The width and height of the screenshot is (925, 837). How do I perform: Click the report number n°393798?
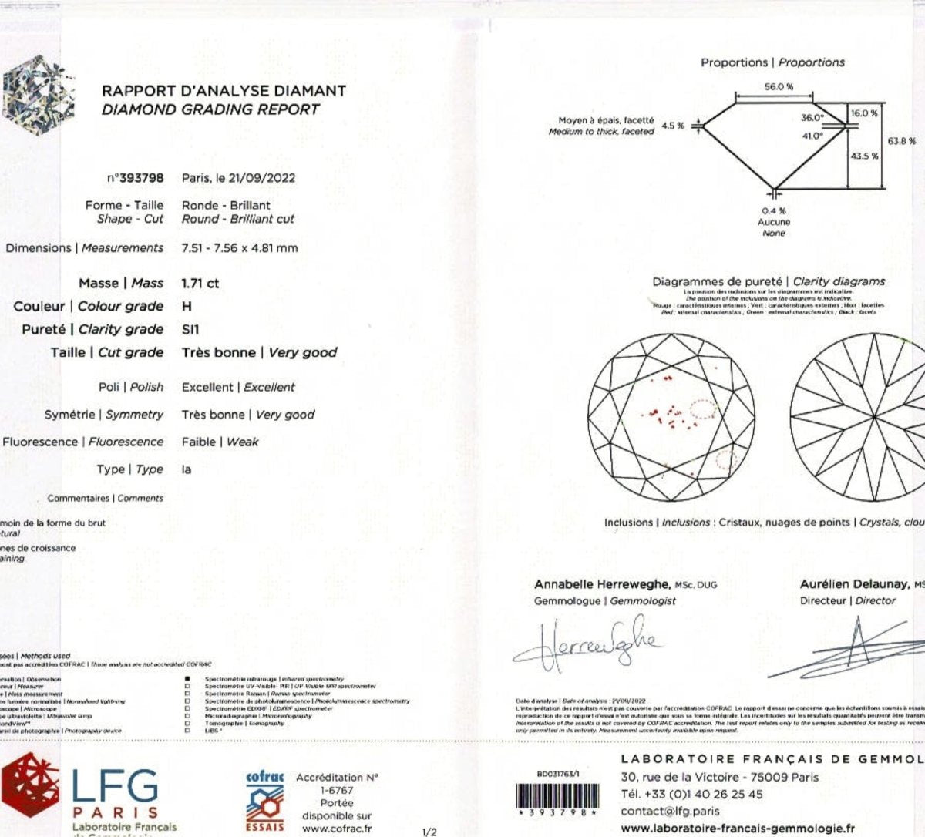tap(136, 178)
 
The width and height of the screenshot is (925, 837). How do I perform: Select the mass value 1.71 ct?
tap(200, 284)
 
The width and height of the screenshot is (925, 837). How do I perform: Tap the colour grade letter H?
tap(187, 307)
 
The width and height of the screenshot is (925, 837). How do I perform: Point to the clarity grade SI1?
tap(190, 330)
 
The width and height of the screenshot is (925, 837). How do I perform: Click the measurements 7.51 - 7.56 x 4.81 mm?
tap(240, 248)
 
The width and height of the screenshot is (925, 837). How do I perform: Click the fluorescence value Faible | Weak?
tap(220, 442)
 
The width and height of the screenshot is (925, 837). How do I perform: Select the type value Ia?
tap(187, 469)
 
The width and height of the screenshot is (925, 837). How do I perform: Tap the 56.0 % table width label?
tap(779, 87)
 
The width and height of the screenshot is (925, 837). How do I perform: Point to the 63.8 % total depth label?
tap(901, 142)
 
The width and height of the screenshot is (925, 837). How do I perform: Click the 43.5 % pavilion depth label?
tap(864, 156)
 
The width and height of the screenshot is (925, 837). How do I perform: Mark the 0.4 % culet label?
tap(774, 210)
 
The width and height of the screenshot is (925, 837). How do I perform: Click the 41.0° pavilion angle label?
tap(812, 136)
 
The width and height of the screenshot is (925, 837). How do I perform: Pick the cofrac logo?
tap(264, 802)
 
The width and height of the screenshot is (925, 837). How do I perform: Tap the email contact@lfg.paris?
tap(670, 811)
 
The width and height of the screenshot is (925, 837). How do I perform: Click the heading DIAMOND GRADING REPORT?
tap(210, 109)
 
